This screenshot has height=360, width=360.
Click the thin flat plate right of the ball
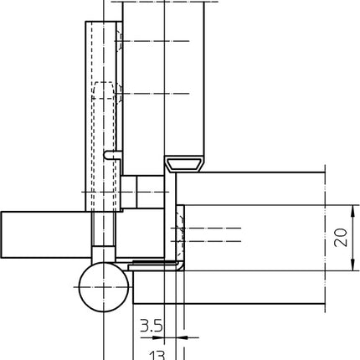[x=154, y=265]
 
